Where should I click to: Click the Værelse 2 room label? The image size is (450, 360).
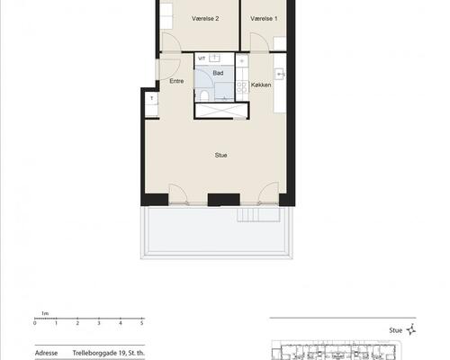point(205,19)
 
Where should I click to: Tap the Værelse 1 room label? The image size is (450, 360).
point(264,19)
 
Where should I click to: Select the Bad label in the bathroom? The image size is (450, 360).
point(218,73)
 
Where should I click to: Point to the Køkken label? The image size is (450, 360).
point(261,85)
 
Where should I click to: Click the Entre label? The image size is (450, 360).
point(176,81)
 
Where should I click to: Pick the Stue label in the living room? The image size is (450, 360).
point(220,155)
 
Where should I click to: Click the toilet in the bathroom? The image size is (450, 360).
point(204,95)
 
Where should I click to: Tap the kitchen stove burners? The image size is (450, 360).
point(242,87)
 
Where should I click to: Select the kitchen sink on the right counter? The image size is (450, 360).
point(280,74)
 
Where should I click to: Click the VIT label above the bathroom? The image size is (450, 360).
point(202,58)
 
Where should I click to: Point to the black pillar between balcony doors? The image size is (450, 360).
point(224,200)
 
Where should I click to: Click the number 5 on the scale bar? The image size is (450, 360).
point(142,323)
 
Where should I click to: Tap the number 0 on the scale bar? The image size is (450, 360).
point(35,323)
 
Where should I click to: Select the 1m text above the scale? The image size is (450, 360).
point(45,313)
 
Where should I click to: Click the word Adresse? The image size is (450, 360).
point(46,353)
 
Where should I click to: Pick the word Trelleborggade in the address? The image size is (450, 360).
point(95,353)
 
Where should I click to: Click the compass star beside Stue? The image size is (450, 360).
point(411,329)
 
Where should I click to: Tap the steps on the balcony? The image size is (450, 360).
point(258,215)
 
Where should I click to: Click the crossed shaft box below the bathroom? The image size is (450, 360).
point(220,110)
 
